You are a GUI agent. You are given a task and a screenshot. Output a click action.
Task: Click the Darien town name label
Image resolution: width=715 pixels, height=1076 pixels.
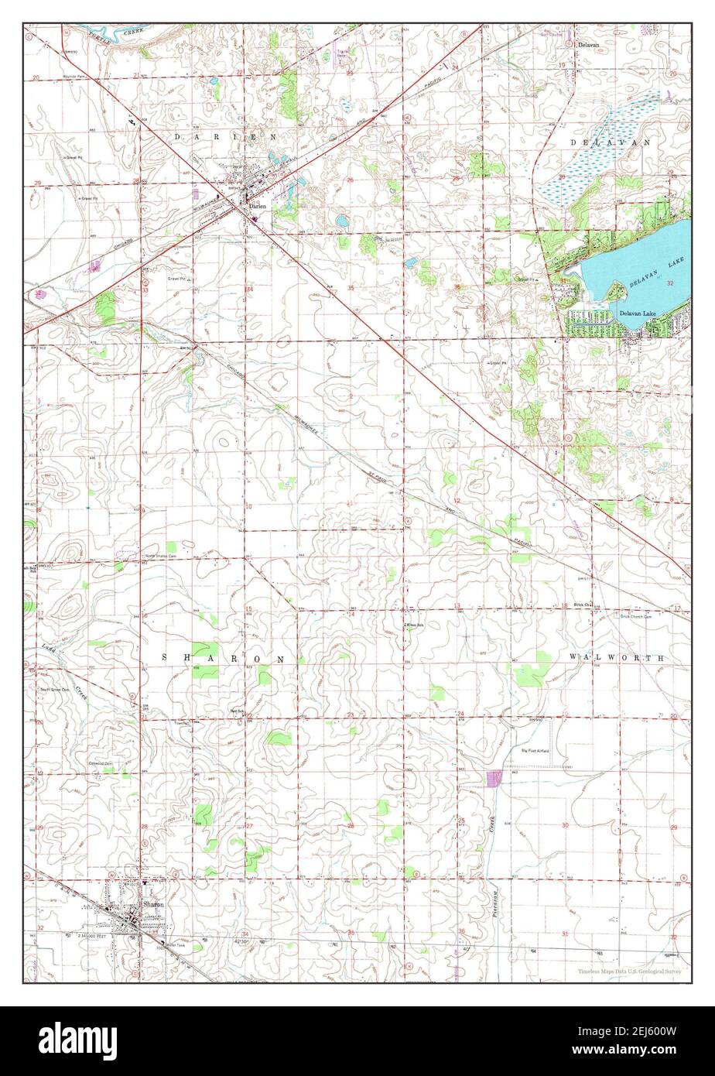tap(256, 205)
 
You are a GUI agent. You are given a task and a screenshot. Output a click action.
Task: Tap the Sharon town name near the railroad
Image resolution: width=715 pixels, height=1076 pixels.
tap(152, 904)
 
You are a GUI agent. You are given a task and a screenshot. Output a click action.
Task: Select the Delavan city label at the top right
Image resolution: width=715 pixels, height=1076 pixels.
tap(589, 46)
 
